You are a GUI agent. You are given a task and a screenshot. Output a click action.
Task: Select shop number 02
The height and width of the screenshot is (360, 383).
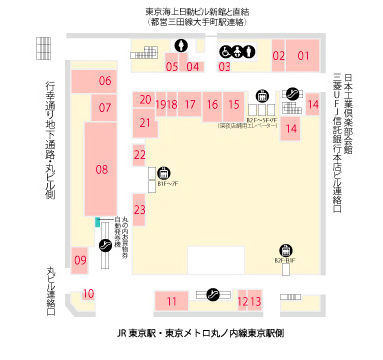pyautogui.click(x=279, y=56)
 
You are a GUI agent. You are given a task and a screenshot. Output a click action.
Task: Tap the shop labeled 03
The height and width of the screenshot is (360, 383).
pyautogui.click(x=224, y=67)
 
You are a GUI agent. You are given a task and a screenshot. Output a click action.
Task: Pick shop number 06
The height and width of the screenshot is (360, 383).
pyautogui.click(x=104, y=80)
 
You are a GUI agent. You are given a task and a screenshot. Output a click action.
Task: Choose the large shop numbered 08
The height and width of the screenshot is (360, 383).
pyautogui.click(x=102, y=169)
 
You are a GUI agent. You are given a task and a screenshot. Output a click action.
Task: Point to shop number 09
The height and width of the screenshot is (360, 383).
pyautogui.click(x=80, y=260)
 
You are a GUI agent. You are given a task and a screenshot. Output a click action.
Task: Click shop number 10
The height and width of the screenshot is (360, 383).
pyautogui.click(x=88, y=293)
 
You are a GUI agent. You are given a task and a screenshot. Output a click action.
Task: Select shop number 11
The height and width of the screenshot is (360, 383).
pyautogui.click(x=172, y=301)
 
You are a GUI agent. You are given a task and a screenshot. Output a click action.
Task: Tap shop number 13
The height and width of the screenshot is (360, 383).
pyautogui.click(x=255, y=301)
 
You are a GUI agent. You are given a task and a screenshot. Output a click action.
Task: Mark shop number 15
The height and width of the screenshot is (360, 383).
pyautogui.click(x=232, y=103)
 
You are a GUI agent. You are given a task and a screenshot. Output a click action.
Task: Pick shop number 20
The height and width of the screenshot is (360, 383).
pyautogui.click(x=146, y=100)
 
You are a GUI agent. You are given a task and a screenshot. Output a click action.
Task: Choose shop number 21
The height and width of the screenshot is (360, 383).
pyautogui.click(x=146, y=123)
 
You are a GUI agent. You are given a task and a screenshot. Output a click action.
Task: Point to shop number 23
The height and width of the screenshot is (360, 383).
pyautogui.click(x=140, y=209)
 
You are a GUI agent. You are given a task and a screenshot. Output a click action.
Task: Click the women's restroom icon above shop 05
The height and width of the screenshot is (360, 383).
pyautogui.click(x=180, y=45)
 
